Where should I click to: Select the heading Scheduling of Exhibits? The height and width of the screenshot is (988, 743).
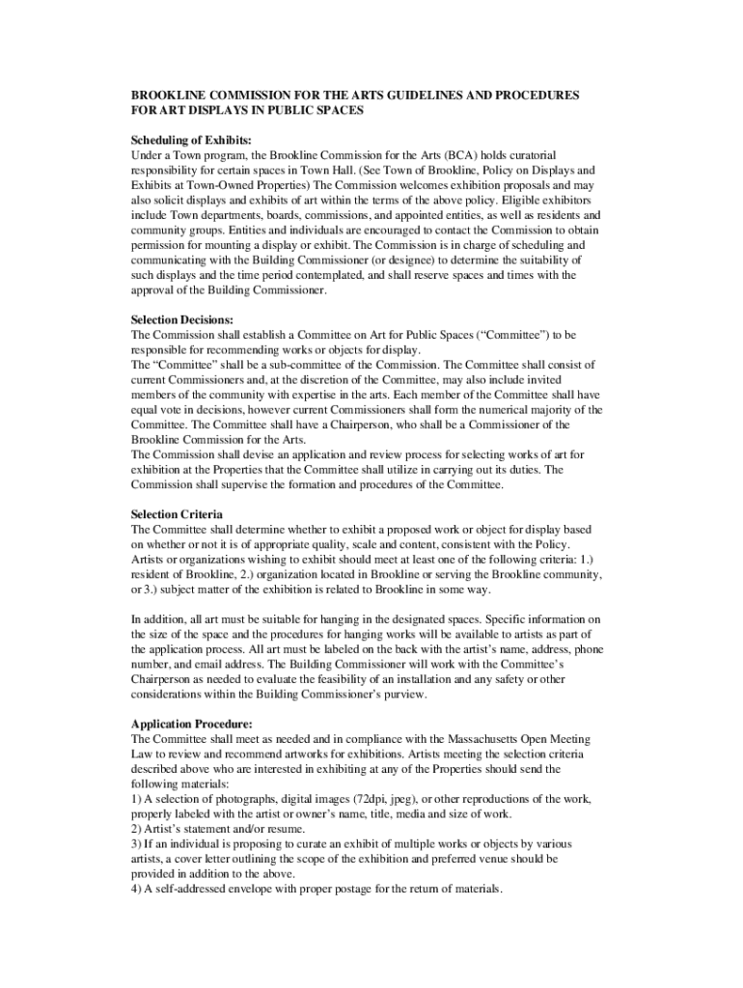[x=191, y=140]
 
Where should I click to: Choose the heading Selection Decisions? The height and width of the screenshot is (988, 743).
[x=182, y=319]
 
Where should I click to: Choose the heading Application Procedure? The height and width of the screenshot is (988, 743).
[x=192, y=725]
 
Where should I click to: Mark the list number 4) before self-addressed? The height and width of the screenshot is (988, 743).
[x=137, y=890]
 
